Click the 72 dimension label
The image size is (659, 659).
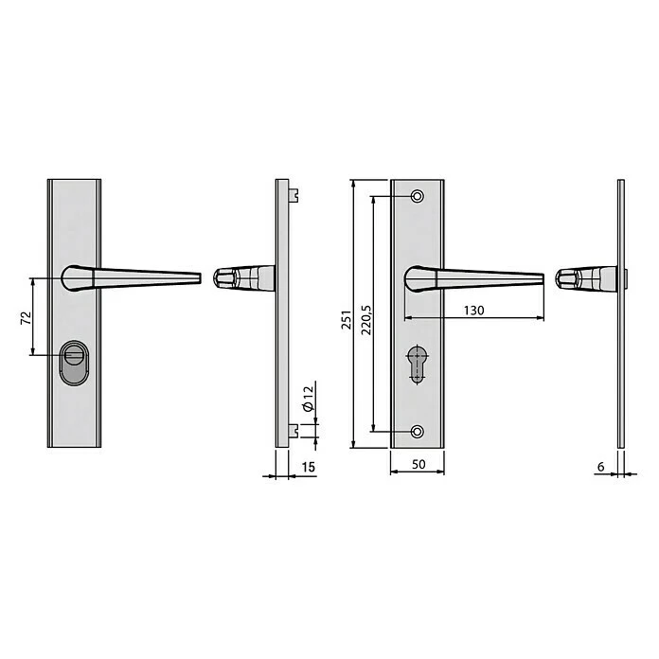[x=27, y=317]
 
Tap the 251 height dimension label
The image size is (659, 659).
[x=347, y=319]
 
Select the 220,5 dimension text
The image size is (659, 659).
[x=366, y=319]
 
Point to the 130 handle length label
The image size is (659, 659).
[x=473, y=311]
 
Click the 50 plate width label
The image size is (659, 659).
[x=419, y=464]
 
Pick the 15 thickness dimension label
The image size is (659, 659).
[x=308, y=467]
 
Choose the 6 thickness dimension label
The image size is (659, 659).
[x=600, y=467]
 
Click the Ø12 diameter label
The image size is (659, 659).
[x=308, y=399]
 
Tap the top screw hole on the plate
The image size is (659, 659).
[x=418, y=196]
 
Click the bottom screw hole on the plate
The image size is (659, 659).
[x=418, y=432]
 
